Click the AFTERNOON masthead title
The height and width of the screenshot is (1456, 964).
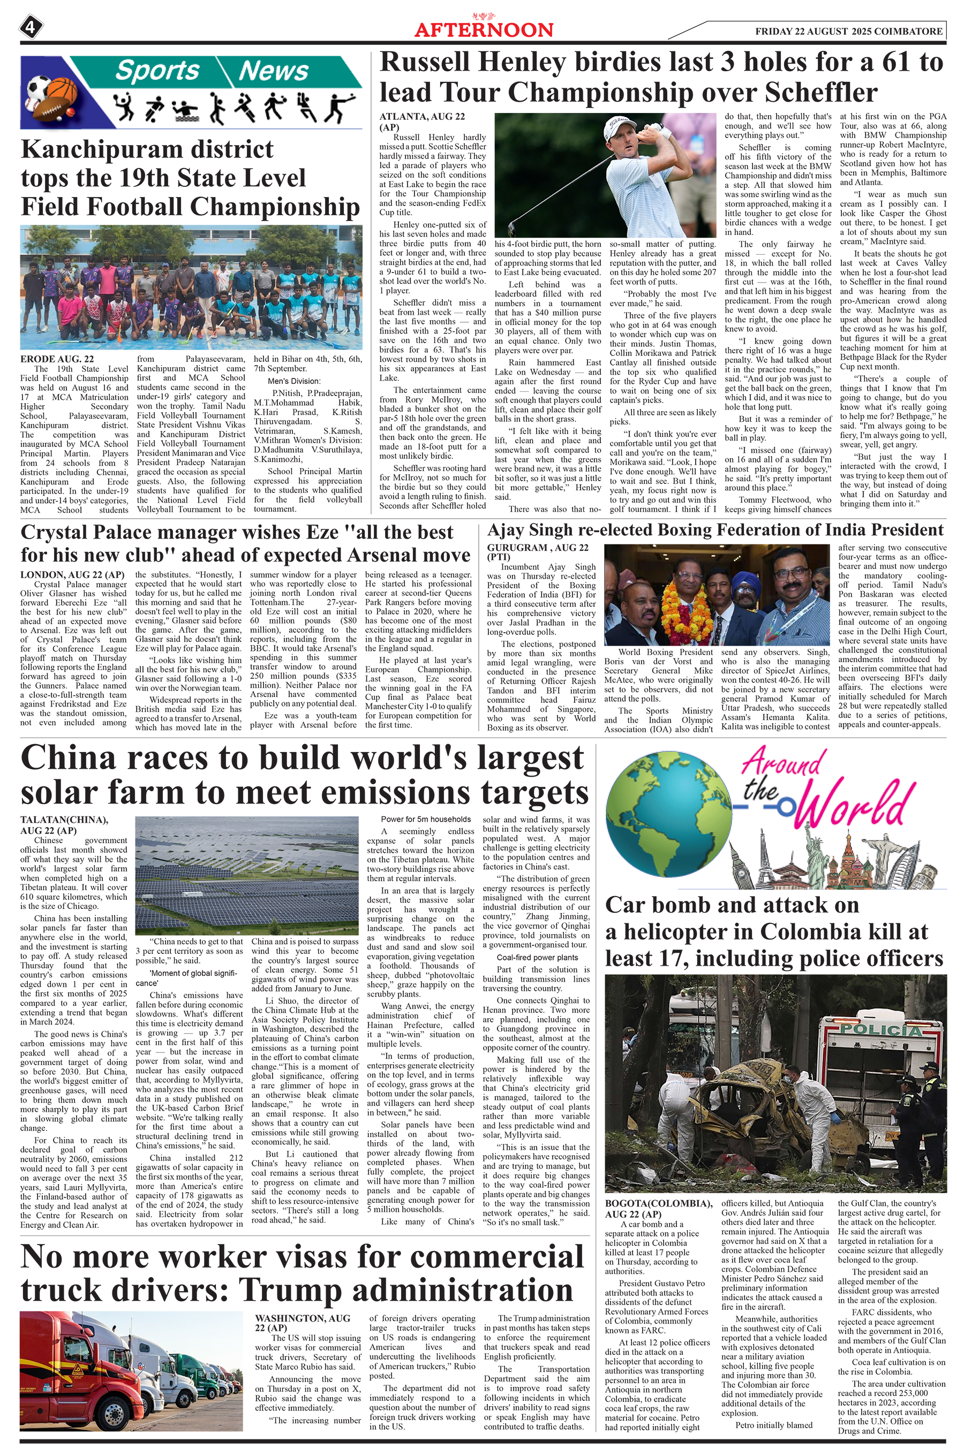(x=484, y=30)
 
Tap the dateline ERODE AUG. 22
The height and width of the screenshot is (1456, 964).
(x=57, y=359)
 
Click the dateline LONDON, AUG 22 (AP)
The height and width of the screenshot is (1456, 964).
(x=72, y=574)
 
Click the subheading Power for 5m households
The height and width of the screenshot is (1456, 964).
(x=425, y=819)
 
